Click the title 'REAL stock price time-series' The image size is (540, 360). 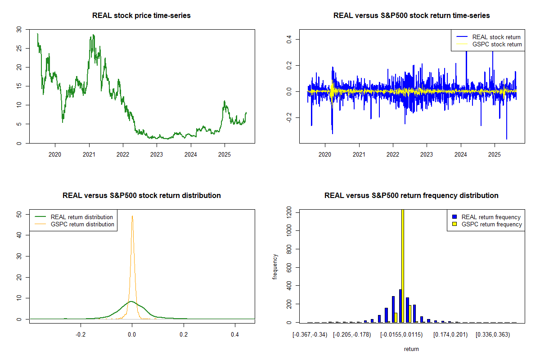point(141,16)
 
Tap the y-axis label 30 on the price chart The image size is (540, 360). point(18,29)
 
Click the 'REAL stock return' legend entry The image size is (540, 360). point(496,37)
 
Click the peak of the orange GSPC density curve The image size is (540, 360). point(132,216)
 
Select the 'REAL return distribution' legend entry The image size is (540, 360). point(81,217)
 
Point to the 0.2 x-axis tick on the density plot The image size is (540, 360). point(184,335)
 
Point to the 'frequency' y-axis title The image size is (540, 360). point(275,266)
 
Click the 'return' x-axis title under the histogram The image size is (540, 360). point(411,349)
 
